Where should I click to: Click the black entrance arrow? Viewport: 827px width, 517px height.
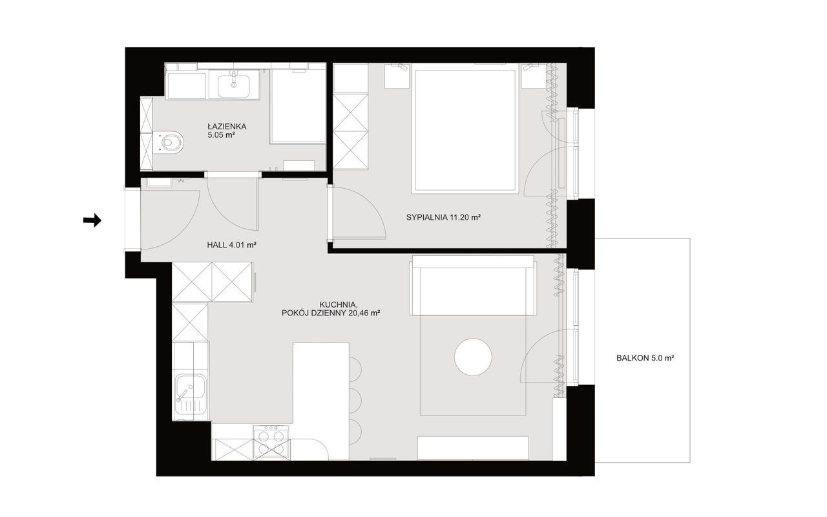pos(92,220)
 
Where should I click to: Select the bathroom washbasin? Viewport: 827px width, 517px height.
pos(233,85)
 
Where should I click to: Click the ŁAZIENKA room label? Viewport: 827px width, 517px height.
pos(227,126)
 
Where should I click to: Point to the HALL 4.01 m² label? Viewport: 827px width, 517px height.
pos(231,244)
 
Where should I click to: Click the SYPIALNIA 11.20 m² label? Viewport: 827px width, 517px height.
pos(443,218)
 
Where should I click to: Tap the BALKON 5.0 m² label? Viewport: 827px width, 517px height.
pos(645,358)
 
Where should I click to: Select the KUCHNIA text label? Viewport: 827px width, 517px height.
pos(338,304)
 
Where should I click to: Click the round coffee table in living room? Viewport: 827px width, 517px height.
pos(473,357)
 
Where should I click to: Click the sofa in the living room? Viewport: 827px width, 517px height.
pos(473,285)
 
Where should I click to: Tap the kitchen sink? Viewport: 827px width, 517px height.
pos(191,394)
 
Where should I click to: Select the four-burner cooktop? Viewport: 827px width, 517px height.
pos(271,442)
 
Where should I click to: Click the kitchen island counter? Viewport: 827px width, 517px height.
pos(321,401)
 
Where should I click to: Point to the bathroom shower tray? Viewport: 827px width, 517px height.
pos(298,106)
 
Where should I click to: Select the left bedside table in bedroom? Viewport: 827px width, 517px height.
pos(397,76)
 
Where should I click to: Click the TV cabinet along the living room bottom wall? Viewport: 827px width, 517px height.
pos(473,448)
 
